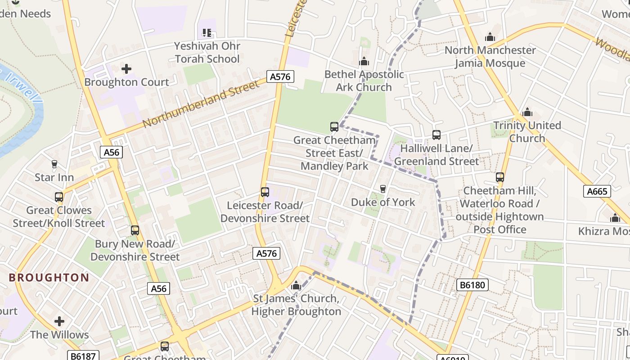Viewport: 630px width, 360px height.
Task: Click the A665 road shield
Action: pyautogui.click(x=598, y=191)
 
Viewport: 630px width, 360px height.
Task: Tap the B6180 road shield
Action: pyautogui.click(x=472, y=285)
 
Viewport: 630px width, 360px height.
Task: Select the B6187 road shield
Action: pyautogui.click(x=83, y=356)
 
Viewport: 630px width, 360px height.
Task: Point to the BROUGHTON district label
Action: pyautogui.click(x=49, y=278)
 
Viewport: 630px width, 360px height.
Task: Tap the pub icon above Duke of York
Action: pyautogui.click(x=383, y=189)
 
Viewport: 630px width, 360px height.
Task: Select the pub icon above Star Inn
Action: pyautogui.click(x=54, y=164)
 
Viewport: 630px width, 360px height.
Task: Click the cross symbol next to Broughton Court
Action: pyautogui.click(x=126, y=69)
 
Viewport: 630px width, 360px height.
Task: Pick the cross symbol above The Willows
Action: pyautogui.click(x=59, y=321)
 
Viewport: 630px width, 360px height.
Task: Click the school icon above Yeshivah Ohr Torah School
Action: pyautogui.click(x=207, y=32)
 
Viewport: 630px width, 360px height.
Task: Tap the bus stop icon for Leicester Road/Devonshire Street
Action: pyautogui.click(x=265, y=192)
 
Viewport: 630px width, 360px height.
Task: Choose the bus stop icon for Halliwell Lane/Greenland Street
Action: pyautogui.click(x=436, y=135)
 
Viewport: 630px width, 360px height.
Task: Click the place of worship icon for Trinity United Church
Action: pyautogui.click(x=527, y=112)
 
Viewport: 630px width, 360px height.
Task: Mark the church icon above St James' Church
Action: pyautogui.click(x=296, y=285)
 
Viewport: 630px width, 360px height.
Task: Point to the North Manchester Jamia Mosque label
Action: pyautogui.click(x=490, y=56)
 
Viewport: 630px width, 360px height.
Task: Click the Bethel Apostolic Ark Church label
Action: pyautogui.click(x=364, y=81)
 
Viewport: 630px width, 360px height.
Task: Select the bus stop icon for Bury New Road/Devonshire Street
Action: pyautogui.click(x=135, y=230)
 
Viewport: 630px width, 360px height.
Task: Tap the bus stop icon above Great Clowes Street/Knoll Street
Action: pyautogui.click(x=59, y=197)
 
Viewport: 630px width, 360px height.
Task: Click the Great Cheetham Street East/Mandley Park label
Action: pyautogui.click(x=334, y=153)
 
